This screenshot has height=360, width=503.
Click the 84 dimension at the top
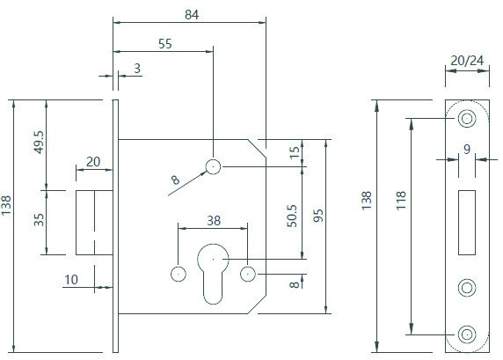coord(192,15)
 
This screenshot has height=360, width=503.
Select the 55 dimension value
coord(165,44)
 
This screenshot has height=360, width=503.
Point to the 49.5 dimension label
coord(40,142)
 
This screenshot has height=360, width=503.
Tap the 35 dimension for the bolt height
coord(39,220)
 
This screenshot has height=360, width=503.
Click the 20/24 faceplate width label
coord(467,60)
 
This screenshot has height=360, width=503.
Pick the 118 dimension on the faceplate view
coord(401,201)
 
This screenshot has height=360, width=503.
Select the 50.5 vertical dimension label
coord(292,216)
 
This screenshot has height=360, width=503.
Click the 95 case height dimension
coord(318,216)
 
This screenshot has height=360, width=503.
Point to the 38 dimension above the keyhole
coord(214,221)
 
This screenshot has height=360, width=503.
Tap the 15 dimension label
coord(295,152)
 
